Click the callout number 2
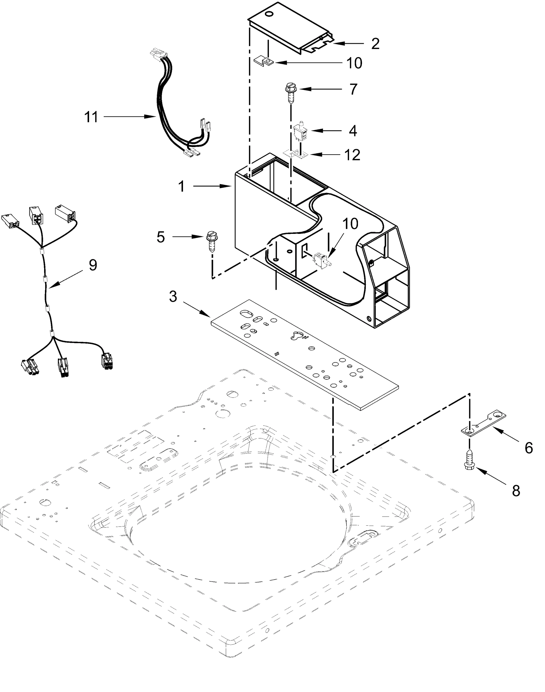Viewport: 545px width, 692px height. (x=375, y=44)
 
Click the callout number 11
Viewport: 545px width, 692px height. (x=91, y=117)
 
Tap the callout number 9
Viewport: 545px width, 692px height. (x=93, y=265)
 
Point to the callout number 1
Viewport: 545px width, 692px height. (x=181, y=186)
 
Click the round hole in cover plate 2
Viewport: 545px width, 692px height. (x=270, y=14)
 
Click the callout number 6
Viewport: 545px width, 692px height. (x=529, y=448)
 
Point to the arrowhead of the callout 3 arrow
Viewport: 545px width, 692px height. (x=209, y=316)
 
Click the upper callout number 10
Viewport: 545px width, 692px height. (x=354, y=63)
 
